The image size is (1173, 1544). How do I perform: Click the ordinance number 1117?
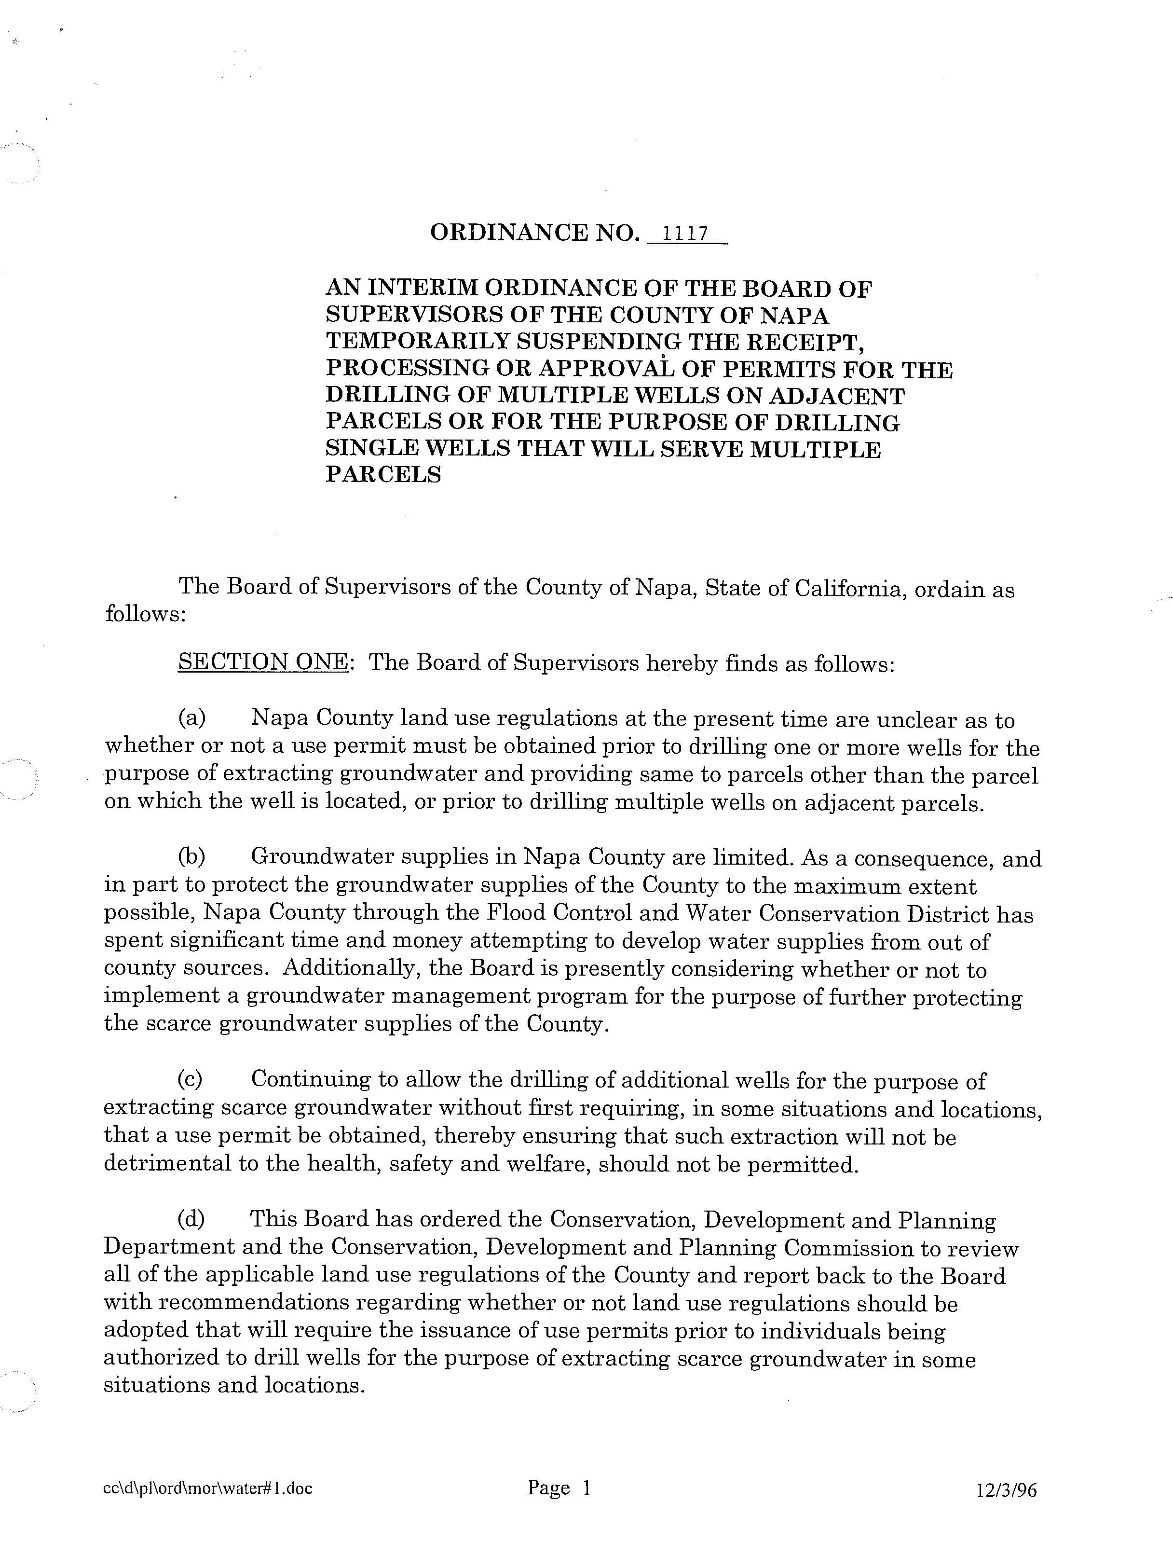[685, 233]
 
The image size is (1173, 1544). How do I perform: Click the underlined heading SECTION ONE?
[262, 662]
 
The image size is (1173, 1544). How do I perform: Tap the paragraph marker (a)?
[191, 718]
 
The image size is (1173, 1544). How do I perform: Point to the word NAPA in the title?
[794, 316]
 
